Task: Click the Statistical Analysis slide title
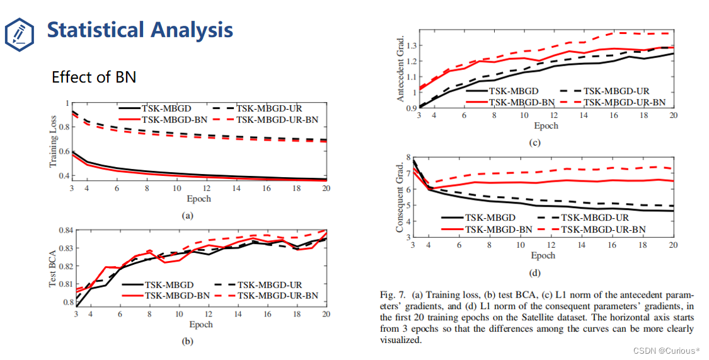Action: [140, 30]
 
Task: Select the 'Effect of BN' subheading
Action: [94, 77]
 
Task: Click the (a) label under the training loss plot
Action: [187, 215]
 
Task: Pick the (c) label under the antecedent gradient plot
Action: [534, 143]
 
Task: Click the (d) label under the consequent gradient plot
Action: [534, 273]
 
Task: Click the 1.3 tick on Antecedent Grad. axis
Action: [411, 45]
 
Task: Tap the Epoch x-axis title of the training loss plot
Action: [200, 199]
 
